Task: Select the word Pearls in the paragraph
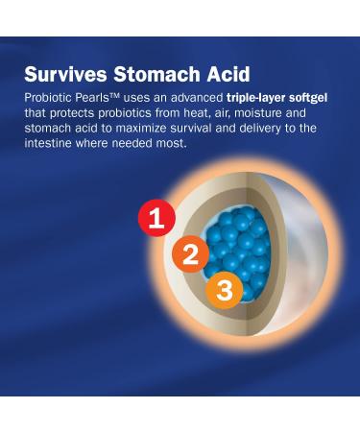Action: [93, 98]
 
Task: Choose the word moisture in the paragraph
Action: [262, 114]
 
